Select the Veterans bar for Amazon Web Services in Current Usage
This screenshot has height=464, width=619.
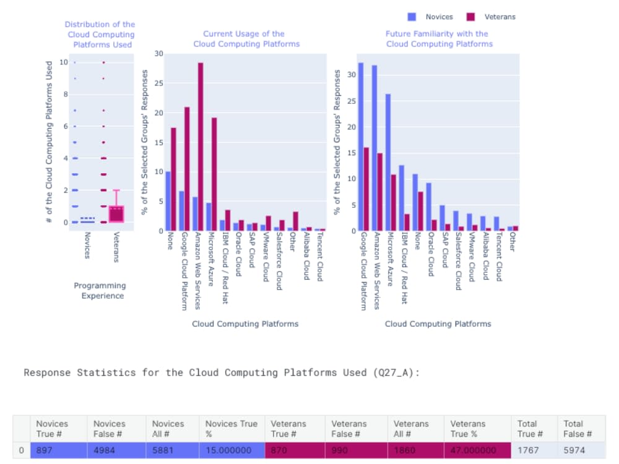pos(201,147)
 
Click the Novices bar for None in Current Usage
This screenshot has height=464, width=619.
pos(168,201)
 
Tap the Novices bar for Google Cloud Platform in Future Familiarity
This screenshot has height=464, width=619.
pos(361,147)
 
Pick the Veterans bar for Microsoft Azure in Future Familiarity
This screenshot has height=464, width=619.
pos(394,202)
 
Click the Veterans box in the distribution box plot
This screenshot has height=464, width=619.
pos(116,213)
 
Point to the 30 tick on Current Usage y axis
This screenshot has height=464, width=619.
pos(158,54)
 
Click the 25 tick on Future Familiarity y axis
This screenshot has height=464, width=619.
pos(352,101)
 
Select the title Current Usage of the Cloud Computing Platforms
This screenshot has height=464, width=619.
pos(246,39)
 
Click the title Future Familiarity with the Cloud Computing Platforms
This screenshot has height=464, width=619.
pos(439,39)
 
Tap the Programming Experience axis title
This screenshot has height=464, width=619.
pos(100,291)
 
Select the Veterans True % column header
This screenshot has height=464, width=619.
pos(468,428)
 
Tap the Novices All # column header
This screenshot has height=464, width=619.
pos(168,428)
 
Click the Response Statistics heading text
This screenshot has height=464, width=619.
pos(222,372)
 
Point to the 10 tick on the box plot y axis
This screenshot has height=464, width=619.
pos(64,62)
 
